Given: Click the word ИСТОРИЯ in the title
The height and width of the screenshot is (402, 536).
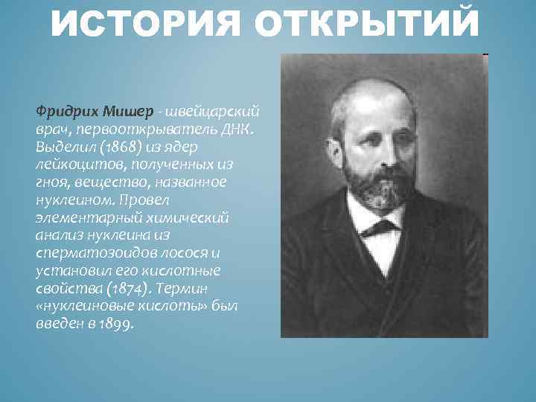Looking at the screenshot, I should click(x=144, y=23).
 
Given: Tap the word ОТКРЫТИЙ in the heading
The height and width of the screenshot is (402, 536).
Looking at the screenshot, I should click(x=364, y=23).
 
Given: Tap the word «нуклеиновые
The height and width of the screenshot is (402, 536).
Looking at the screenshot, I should click(x=83, y=307).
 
